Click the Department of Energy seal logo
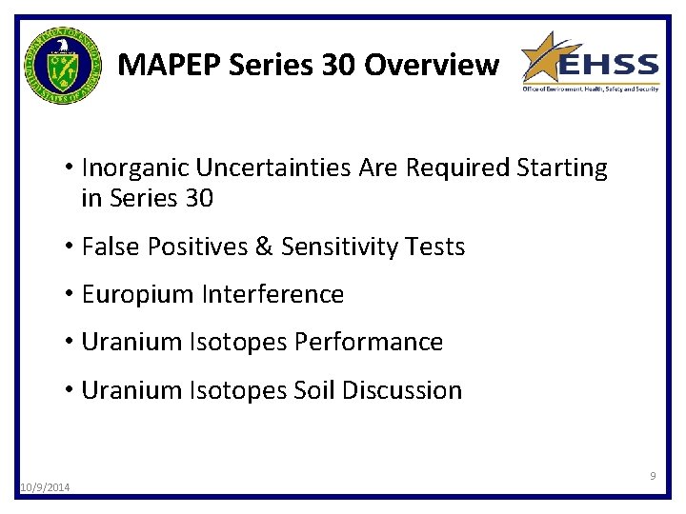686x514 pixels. pyautogui.click(x=62, y=66)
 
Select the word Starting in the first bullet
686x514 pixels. pyautogui.click(x=561, y=168)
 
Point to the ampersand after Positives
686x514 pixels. pyautogui.click(x=264, y=247)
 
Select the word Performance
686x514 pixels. pyautogui.click(x=381, y=342)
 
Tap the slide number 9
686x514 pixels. pyautogui.click(x=653, y=475)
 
